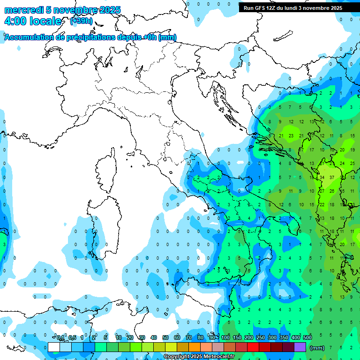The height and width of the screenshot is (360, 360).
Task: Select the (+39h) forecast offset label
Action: [x=81, y=21]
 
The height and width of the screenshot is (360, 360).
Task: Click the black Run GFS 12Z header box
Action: [x=293, y=8]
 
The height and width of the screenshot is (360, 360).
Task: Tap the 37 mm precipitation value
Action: [x=332, y=178]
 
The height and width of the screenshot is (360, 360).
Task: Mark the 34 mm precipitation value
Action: [x=322, y=178]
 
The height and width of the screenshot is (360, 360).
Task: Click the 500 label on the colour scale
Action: [x=307, y=338]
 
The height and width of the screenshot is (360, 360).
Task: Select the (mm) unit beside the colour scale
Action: [x=317, y=348]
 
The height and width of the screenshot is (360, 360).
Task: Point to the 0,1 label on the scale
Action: [x=60, y=338]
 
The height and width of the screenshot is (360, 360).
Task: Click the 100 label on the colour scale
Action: [x=225, y=338]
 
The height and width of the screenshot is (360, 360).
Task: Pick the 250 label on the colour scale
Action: [x=261, y=338]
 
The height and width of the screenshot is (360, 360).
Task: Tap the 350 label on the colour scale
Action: [x=284, y=338]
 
